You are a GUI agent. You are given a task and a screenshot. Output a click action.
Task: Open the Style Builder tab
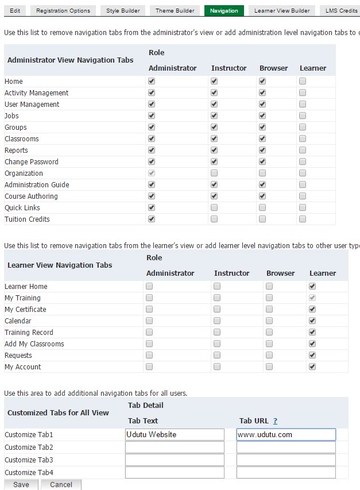click(122, 10)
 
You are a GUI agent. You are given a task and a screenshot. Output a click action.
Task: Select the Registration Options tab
click(63, 10)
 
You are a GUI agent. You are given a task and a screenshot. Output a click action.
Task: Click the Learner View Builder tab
click(282, 10)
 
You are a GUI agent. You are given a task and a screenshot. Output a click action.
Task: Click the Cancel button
click(61, 484)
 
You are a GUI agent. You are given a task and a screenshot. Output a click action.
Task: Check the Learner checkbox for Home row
click(303, 82)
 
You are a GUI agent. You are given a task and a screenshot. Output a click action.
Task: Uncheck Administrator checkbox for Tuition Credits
click(152, 219)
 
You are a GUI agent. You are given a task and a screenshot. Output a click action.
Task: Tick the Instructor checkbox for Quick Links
click(214, 207)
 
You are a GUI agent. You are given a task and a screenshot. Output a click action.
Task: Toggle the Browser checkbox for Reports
click(262, 150)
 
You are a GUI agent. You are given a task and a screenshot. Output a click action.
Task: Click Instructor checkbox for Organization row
click(214, 173)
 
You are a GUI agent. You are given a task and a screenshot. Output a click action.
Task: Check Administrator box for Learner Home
click(149, 286)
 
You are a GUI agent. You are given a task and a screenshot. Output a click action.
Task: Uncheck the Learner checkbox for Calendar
click(312, 321)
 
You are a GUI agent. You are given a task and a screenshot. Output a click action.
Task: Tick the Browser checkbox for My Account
click(269, 366)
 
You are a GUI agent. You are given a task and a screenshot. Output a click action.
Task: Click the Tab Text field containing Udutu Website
click(175, 435)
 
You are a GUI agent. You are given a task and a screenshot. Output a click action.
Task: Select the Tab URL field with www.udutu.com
click(286, 435)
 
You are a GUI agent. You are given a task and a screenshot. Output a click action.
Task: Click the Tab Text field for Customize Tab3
click(175, 460)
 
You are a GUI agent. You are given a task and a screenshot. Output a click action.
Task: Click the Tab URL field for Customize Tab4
click(286, 472)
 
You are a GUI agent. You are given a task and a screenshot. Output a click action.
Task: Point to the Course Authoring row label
click(31, 196)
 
